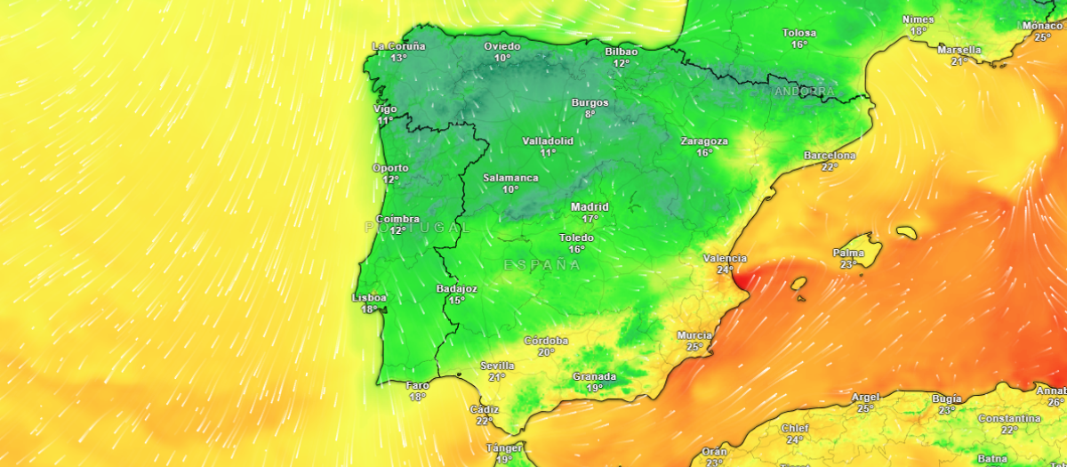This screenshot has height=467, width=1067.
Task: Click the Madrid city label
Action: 590,207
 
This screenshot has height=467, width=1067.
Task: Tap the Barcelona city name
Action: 830,156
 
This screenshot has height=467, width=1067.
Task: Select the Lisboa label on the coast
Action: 370,298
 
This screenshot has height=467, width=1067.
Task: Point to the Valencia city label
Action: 718,259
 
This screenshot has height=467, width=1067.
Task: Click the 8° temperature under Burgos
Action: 590,114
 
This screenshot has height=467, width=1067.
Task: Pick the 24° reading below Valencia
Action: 725,270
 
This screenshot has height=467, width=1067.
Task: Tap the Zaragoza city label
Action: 704,141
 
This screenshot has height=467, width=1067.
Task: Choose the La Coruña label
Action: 398,46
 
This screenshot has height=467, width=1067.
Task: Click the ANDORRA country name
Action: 805,92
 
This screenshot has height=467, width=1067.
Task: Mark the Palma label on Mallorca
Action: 848,253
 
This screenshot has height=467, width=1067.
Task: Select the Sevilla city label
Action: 497,366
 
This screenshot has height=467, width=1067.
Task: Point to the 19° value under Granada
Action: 594,388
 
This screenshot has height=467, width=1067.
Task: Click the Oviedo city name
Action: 502,46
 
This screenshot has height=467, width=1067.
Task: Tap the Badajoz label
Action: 457,289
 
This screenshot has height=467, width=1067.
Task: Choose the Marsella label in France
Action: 959,50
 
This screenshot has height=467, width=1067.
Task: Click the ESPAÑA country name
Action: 542,265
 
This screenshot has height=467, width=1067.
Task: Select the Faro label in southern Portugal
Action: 417,385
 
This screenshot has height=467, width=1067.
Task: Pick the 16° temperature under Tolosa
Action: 799,44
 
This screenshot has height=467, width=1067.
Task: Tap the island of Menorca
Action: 906,233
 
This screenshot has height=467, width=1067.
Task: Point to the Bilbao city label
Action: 621,52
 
